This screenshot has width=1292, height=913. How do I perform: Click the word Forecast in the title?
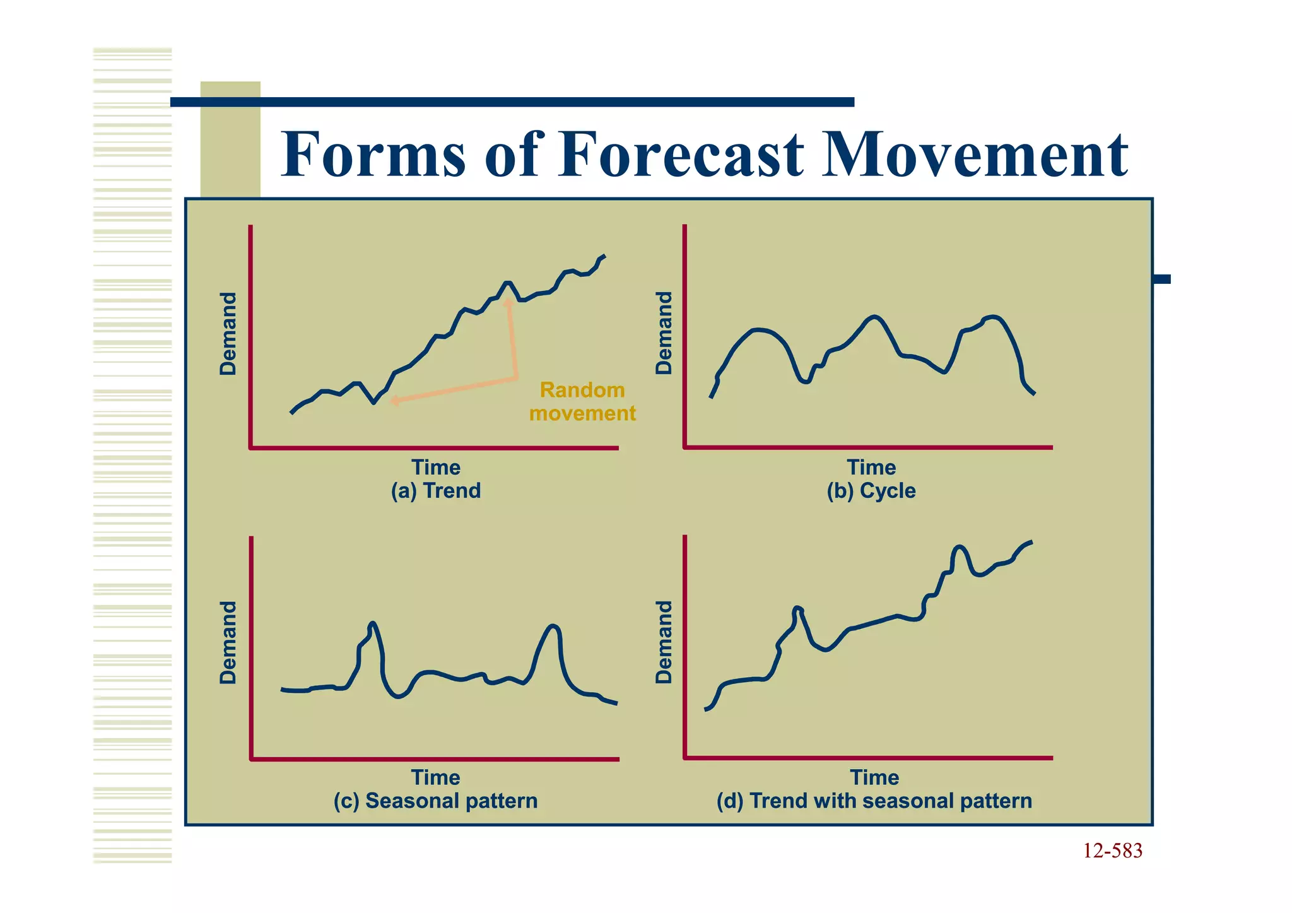(681, 155)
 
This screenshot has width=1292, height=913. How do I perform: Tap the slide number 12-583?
(1112, 851)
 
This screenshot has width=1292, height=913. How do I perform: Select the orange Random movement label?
(582, 401)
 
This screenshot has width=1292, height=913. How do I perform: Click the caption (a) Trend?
(435, 490)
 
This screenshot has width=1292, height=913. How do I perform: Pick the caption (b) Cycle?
(871, 490)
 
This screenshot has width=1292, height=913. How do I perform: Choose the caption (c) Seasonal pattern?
(435, 801)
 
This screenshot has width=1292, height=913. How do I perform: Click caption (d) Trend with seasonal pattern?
(874, 801)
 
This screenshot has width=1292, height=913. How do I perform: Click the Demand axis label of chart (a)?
(228, 333)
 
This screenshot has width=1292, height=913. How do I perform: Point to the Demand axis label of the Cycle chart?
(664, 333)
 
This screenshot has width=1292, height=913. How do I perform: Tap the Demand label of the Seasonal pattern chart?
(228, 642)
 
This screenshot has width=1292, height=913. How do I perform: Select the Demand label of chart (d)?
(664, 642)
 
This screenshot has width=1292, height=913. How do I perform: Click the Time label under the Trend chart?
(435, 468)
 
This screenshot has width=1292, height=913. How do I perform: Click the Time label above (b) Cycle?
(871, 468)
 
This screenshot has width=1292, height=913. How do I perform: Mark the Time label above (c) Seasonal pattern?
(435, 777)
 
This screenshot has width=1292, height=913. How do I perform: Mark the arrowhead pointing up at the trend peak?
(508, 302)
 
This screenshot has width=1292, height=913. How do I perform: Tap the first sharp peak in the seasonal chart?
(372, 624)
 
